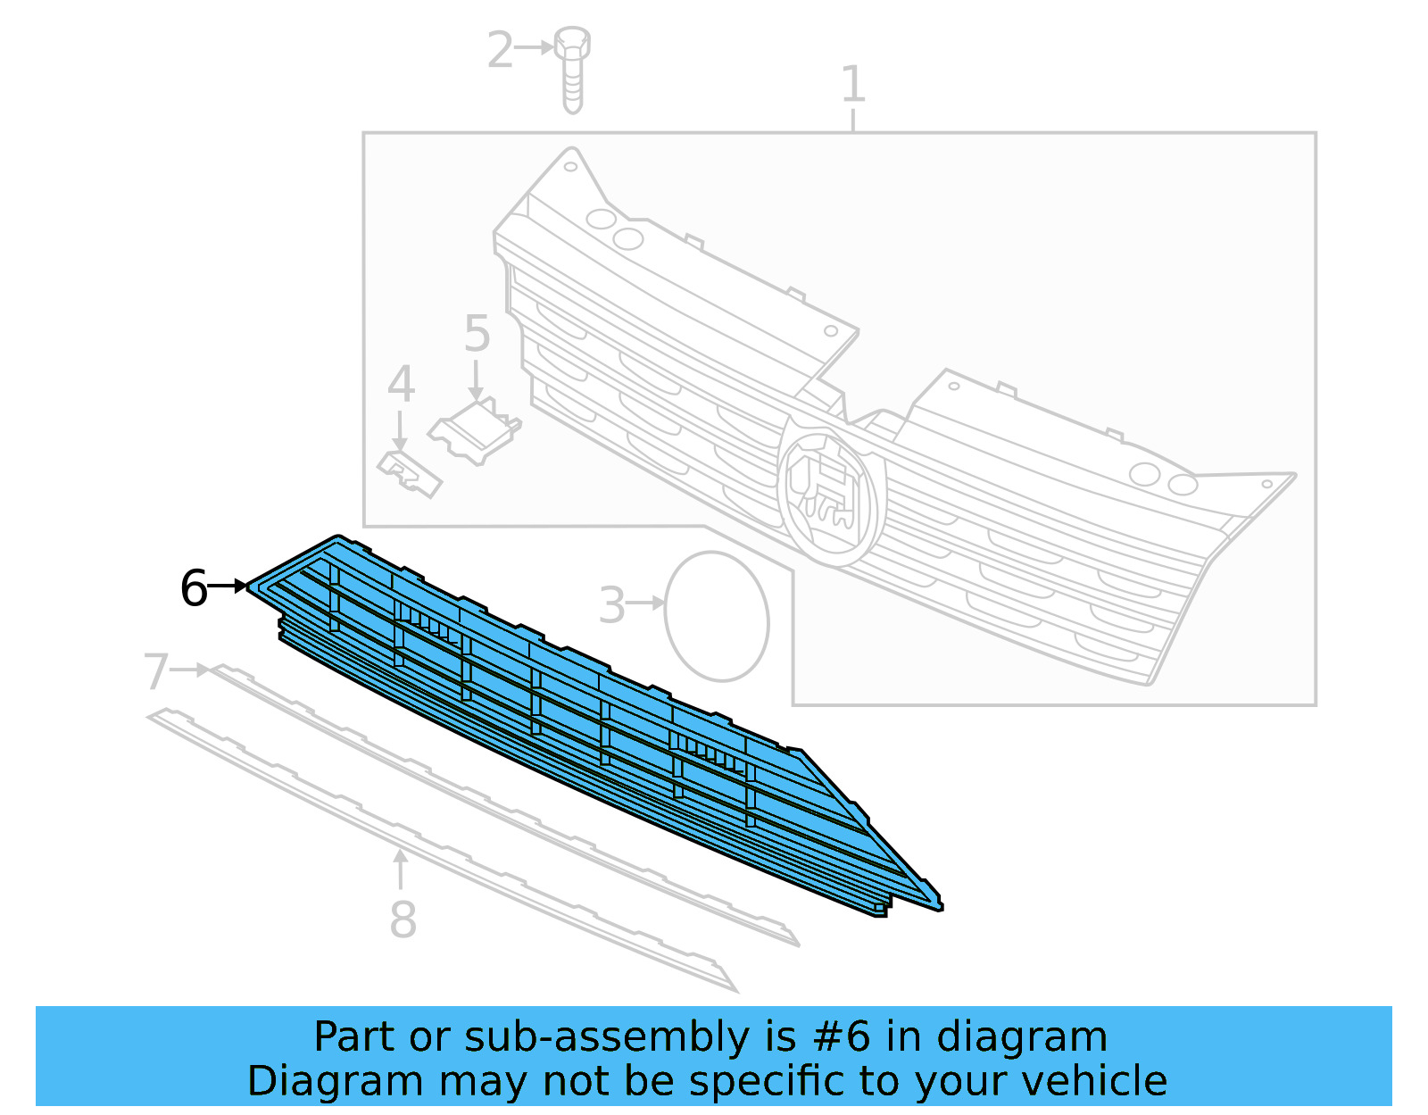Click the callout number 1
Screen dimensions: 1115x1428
point(853,85)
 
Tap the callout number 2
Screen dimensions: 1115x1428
point(500,50)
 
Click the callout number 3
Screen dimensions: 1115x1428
point(611,605)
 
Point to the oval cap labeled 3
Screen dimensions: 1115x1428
point(716,616)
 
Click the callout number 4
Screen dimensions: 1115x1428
point(401,385)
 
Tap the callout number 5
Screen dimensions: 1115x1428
point(477,334)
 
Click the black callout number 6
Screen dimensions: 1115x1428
point(194,589)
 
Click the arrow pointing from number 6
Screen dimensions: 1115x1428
point(228,587)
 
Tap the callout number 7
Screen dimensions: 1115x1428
point(156,671)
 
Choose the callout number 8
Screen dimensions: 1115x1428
point(403,919)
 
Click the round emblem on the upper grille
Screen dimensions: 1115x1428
point(831,494)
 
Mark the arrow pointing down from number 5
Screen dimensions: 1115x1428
point(477,379)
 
